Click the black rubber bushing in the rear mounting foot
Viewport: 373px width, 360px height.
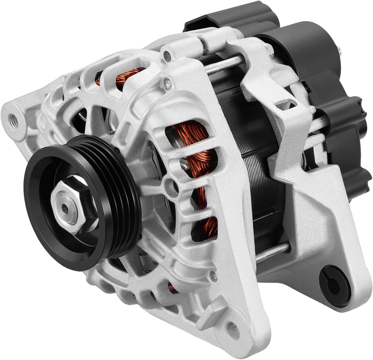tap(335, 285)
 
